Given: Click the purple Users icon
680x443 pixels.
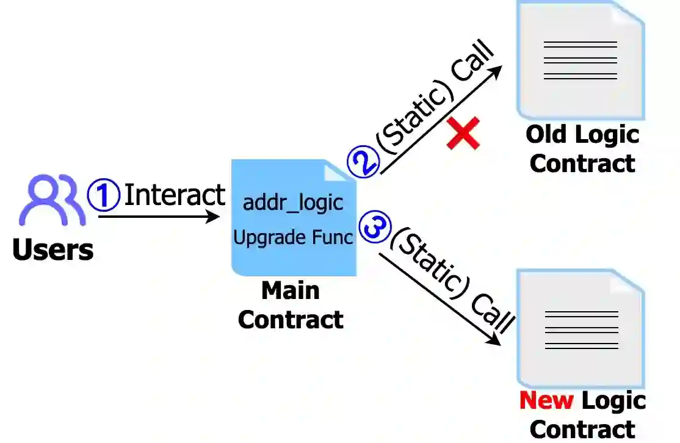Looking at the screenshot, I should [52, 200].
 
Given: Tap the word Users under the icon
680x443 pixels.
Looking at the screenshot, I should [53, 250].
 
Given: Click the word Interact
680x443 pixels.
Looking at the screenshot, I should [175, 195].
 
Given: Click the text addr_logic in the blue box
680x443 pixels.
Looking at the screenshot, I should [293, 203].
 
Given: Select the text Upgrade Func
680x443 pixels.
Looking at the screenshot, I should [294, 237].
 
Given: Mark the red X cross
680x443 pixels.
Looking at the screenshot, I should [463, 134].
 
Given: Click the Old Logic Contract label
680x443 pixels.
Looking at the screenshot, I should [582, 149].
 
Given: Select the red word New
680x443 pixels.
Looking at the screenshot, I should [546, 401].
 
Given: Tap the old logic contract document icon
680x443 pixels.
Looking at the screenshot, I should [580, 60].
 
